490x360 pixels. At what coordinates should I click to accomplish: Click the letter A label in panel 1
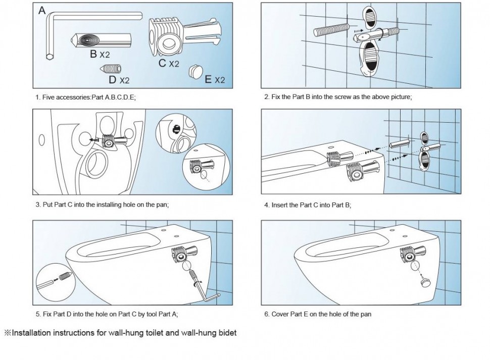(42, 10)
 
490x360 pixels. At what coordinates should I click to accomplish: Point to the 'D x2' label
(119, 79)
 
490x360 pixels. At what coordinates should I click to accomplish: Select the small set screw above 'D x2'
(111, 68)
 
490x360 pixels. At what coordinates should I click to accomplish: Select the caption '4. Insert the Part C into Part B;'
(308, 205)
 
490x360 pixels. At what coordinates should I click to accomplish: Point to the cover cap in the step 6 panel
(424, 284)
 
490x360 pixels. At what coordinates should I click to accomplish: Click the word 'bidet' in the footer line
(226, 333)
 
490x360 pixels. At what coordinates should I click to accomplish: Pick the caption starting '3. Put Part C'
(102, 205)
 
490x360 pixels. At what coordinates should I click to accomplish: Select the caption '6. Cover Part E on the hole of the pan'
(318, 314)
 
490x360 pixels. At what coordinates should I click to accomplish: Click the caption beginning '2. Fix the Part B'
(338, 96)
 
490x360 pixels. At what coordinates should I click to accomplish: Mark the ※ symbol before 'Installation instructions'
(8, 333)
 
